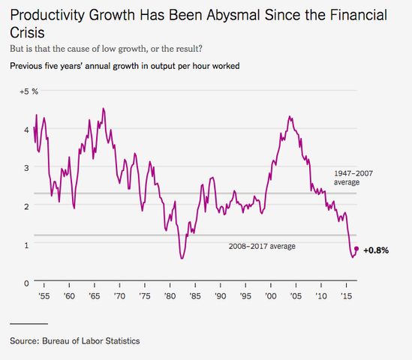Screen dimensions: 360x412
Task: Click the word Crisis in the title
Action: [27, 34]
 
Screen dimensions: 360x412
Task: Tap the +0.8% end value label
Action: [377, 250]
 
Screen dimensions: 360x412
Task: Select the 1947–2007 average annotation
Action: [353, 177]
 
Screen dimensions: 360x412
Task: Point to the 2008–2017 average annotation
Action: [262, 246]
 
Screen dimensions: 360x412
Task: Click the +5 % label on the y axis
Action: [29, 91]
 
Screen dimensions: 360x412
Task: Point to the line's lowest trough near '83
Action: [182, 259]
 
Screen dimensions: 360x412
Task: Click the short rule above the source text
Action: [29, 324]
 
